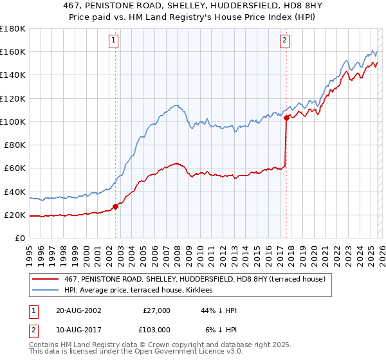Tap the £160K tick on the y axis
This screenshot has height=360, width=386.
(x=13, y=51)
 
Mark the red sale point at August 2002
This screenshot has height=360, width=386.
(x=116, y=206)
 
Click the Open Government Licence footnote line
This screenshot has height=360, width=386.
(x=129, y=353)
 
